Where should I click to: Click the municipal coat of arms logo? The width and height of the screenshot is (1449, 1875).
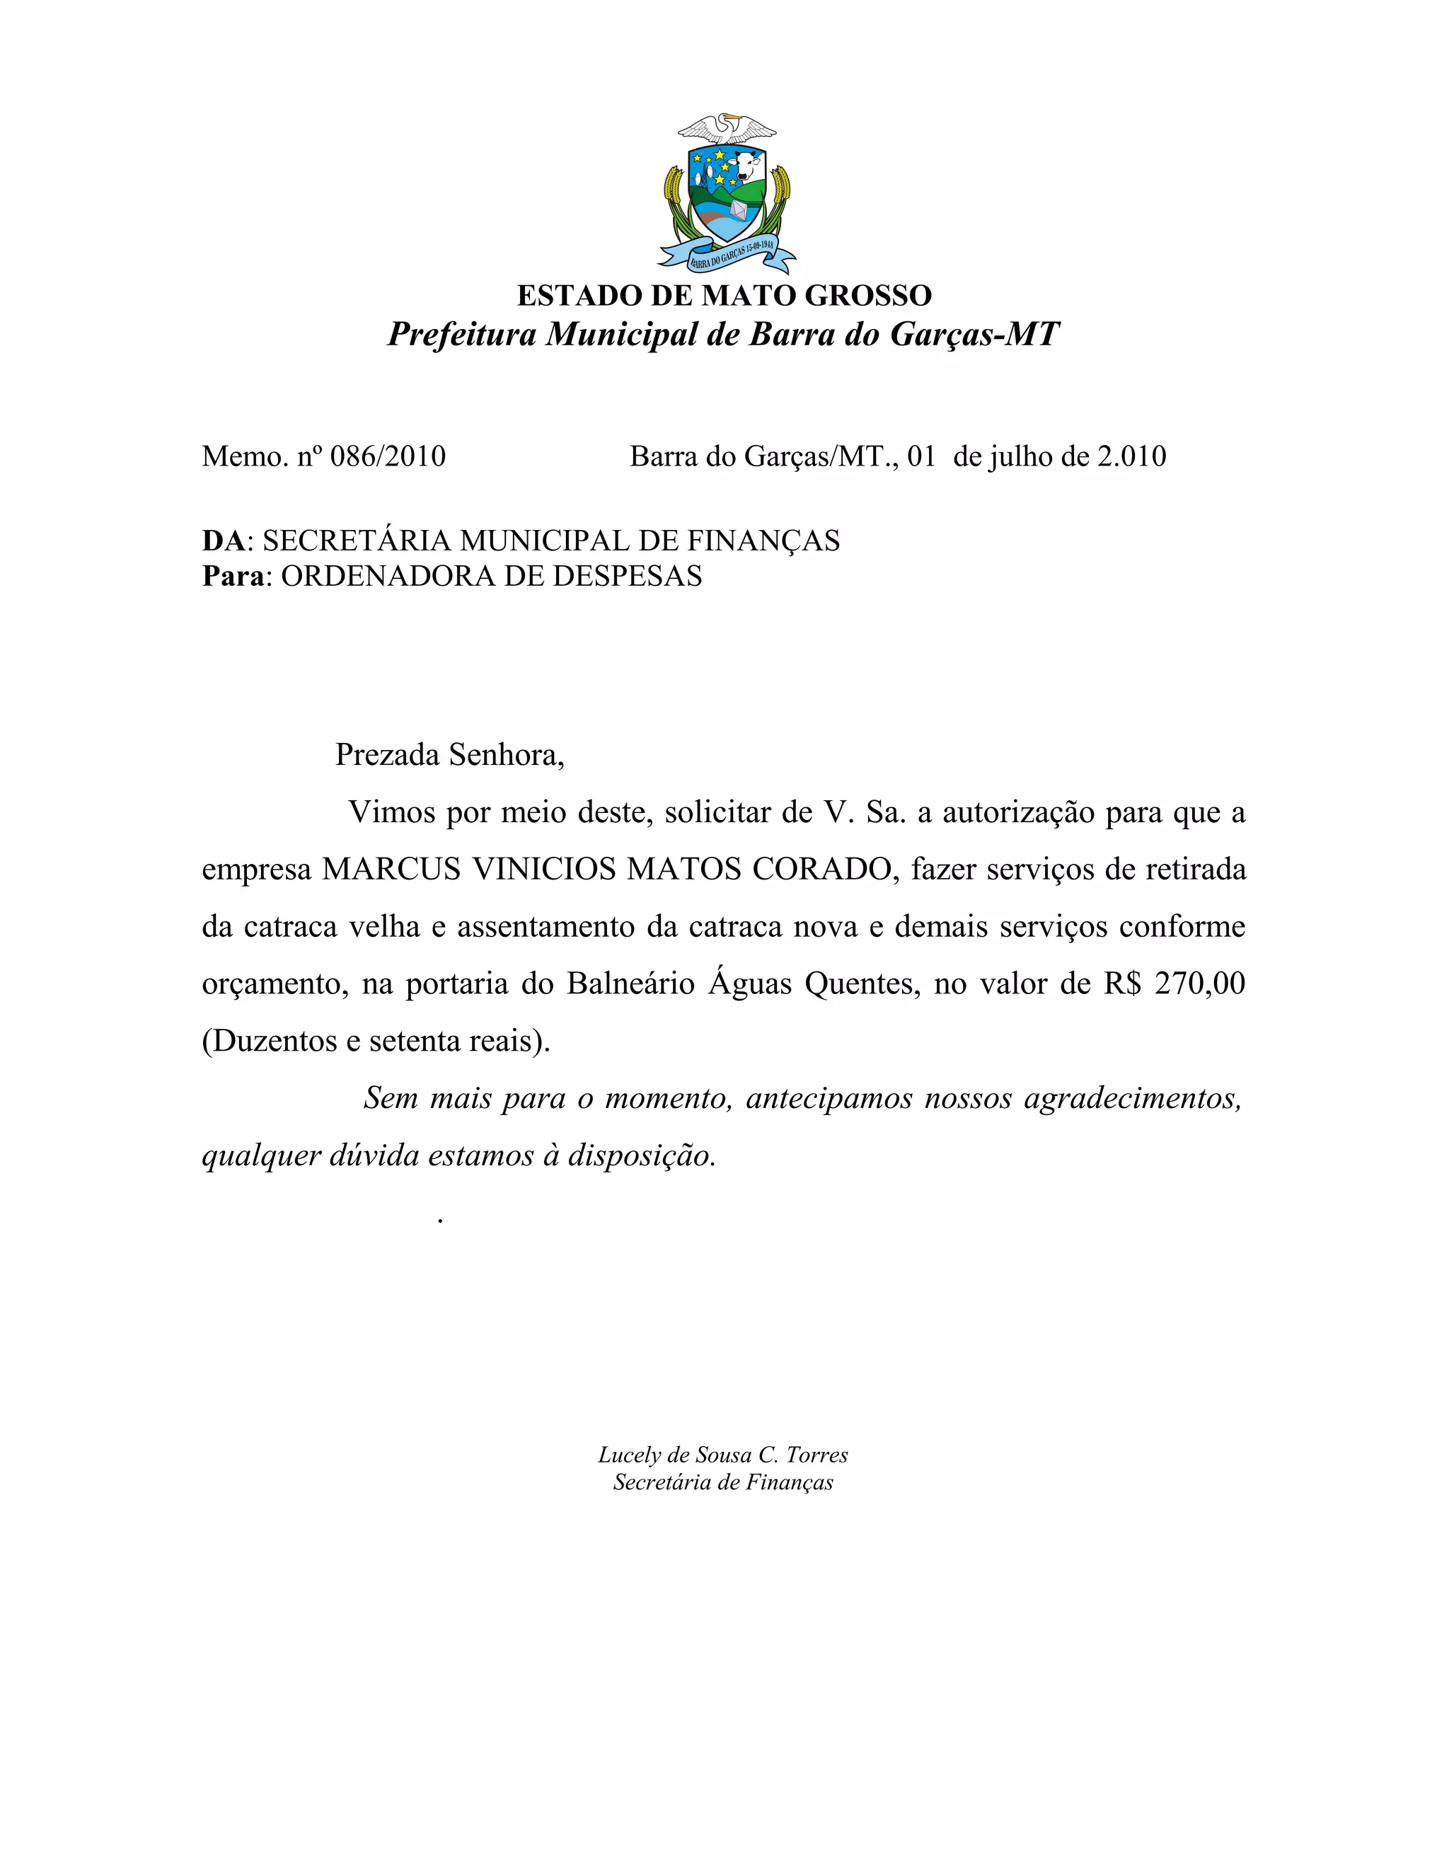[x=726, y=192]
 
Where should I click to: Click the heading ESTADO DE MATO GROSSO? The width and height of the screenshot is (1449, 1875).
[x=724, y=295]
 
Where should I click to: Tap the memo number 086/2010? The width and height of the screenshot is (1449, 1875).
[x=388, y=456]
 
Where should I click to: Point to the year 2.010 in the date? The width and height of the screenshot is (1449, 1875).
[x=1131, y=456]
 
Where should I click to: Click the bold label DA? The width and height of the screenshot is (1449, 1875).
[x=223, y=540]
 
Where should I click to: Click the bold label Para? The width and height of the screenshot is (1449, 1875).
[x=233, y=575]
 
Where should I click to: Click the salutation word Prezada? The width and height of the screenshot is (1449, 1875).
[x=388, y=755]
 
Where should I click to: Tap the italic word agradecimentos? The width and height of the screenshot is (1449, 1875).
[x=1132, y=1098]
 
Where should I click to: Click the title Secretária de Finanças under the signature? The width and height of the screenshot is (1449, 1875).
[x=723, y=1482]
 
